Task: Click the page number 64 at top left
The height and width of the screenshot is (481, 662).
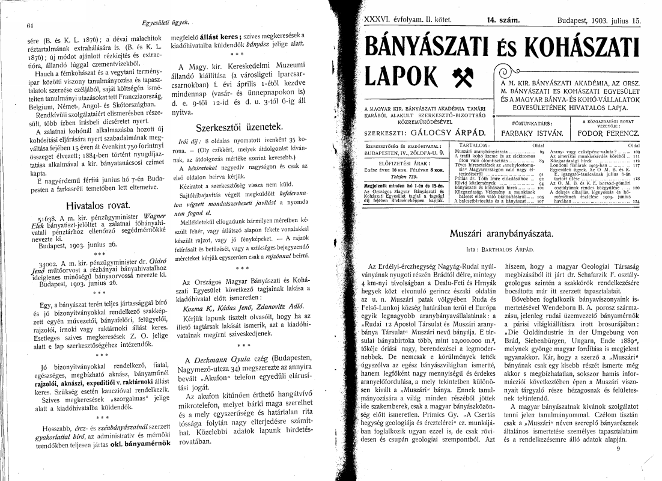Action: click(29, 25)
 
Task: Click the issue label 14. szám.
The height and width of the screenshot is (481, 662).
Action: click(503, 20)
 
